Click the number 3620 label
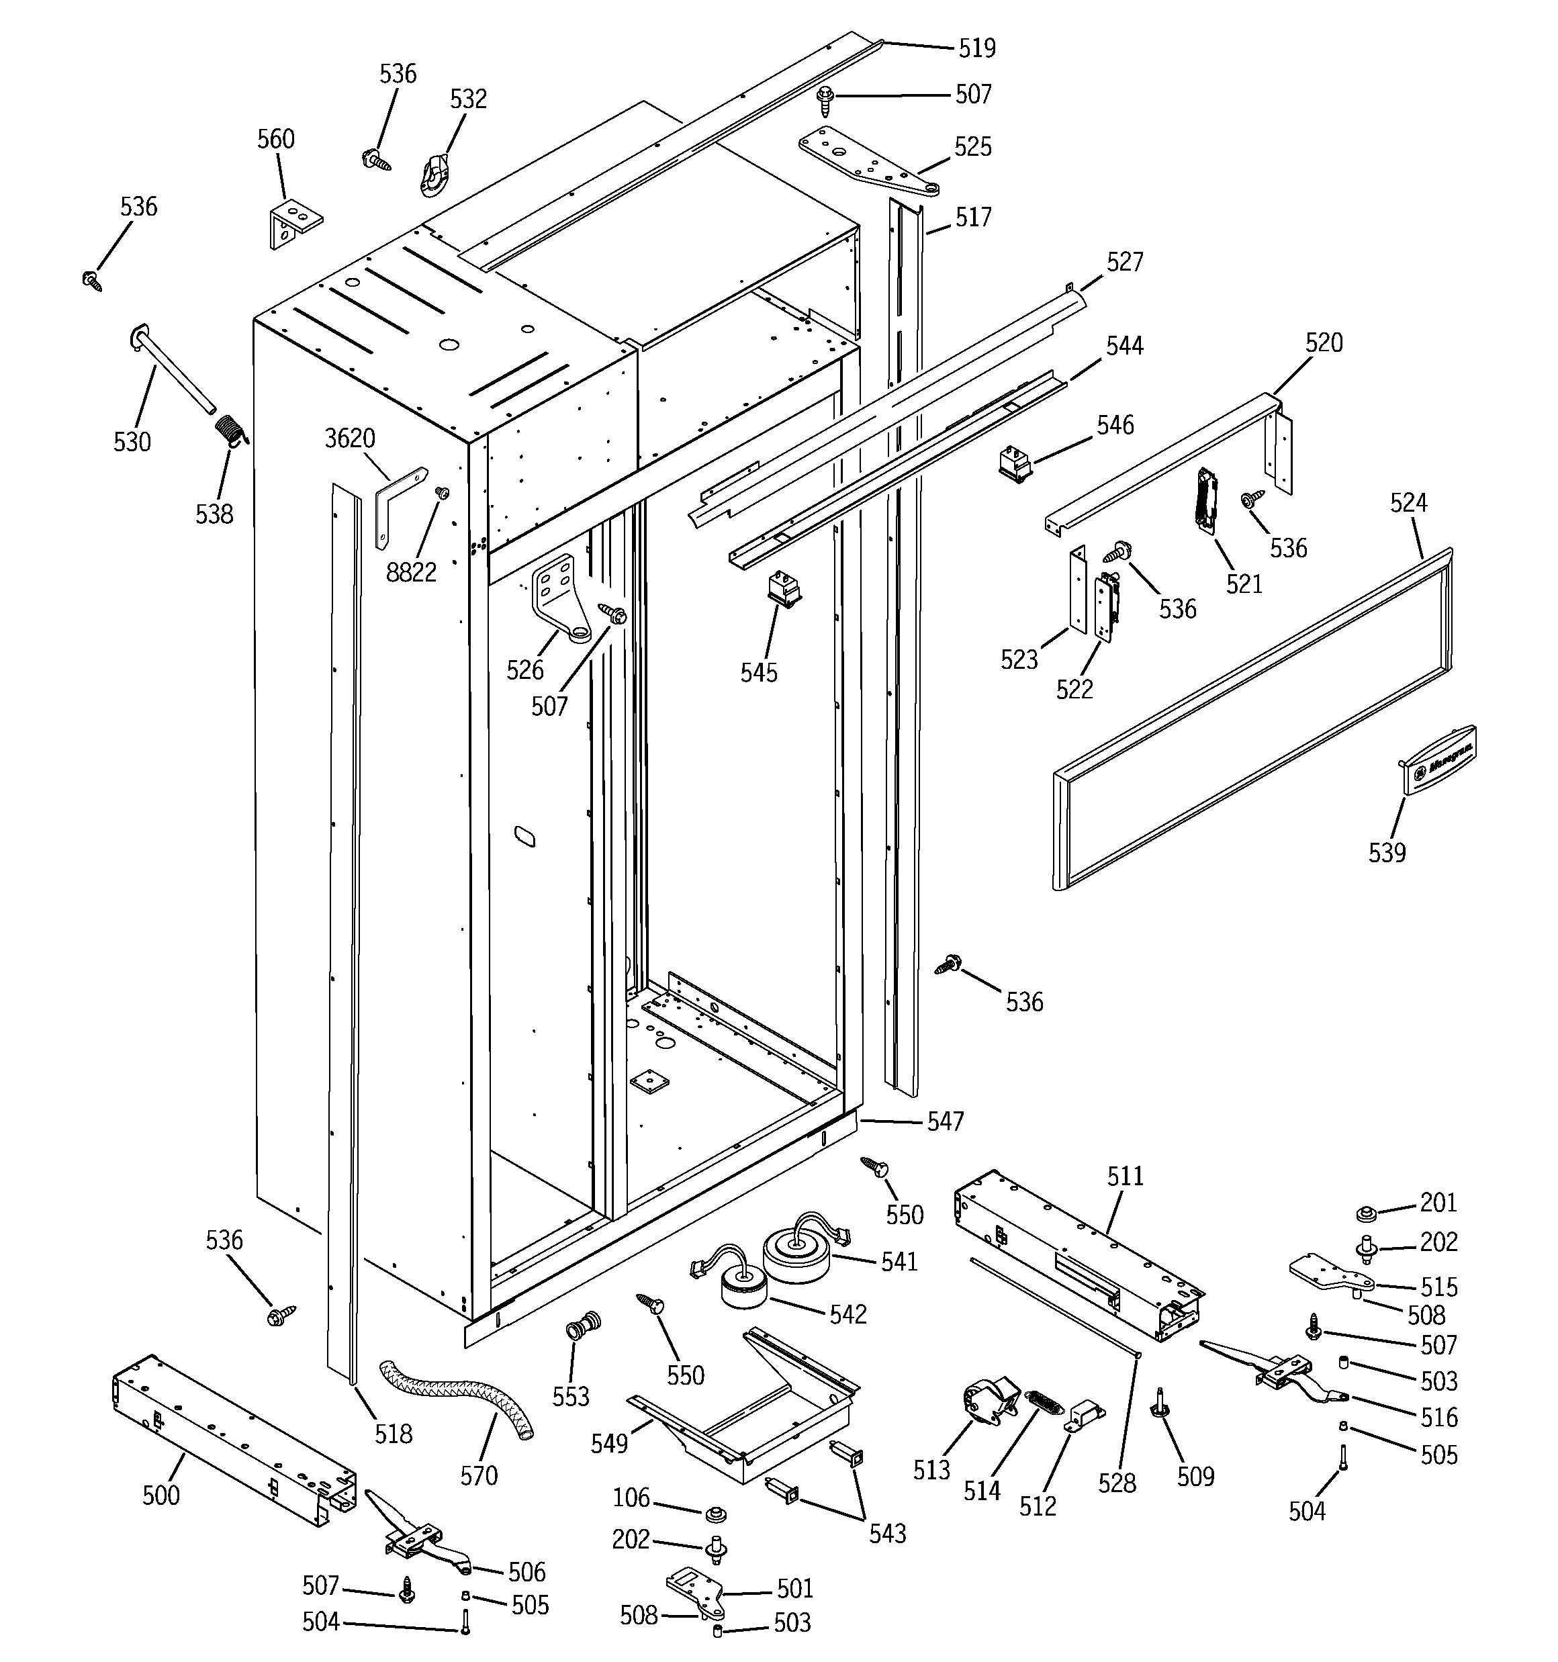[350, 438]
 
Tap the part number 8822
[410, 573]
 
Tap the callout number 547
[945, 1121]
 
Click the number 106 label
[631, 1497]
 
